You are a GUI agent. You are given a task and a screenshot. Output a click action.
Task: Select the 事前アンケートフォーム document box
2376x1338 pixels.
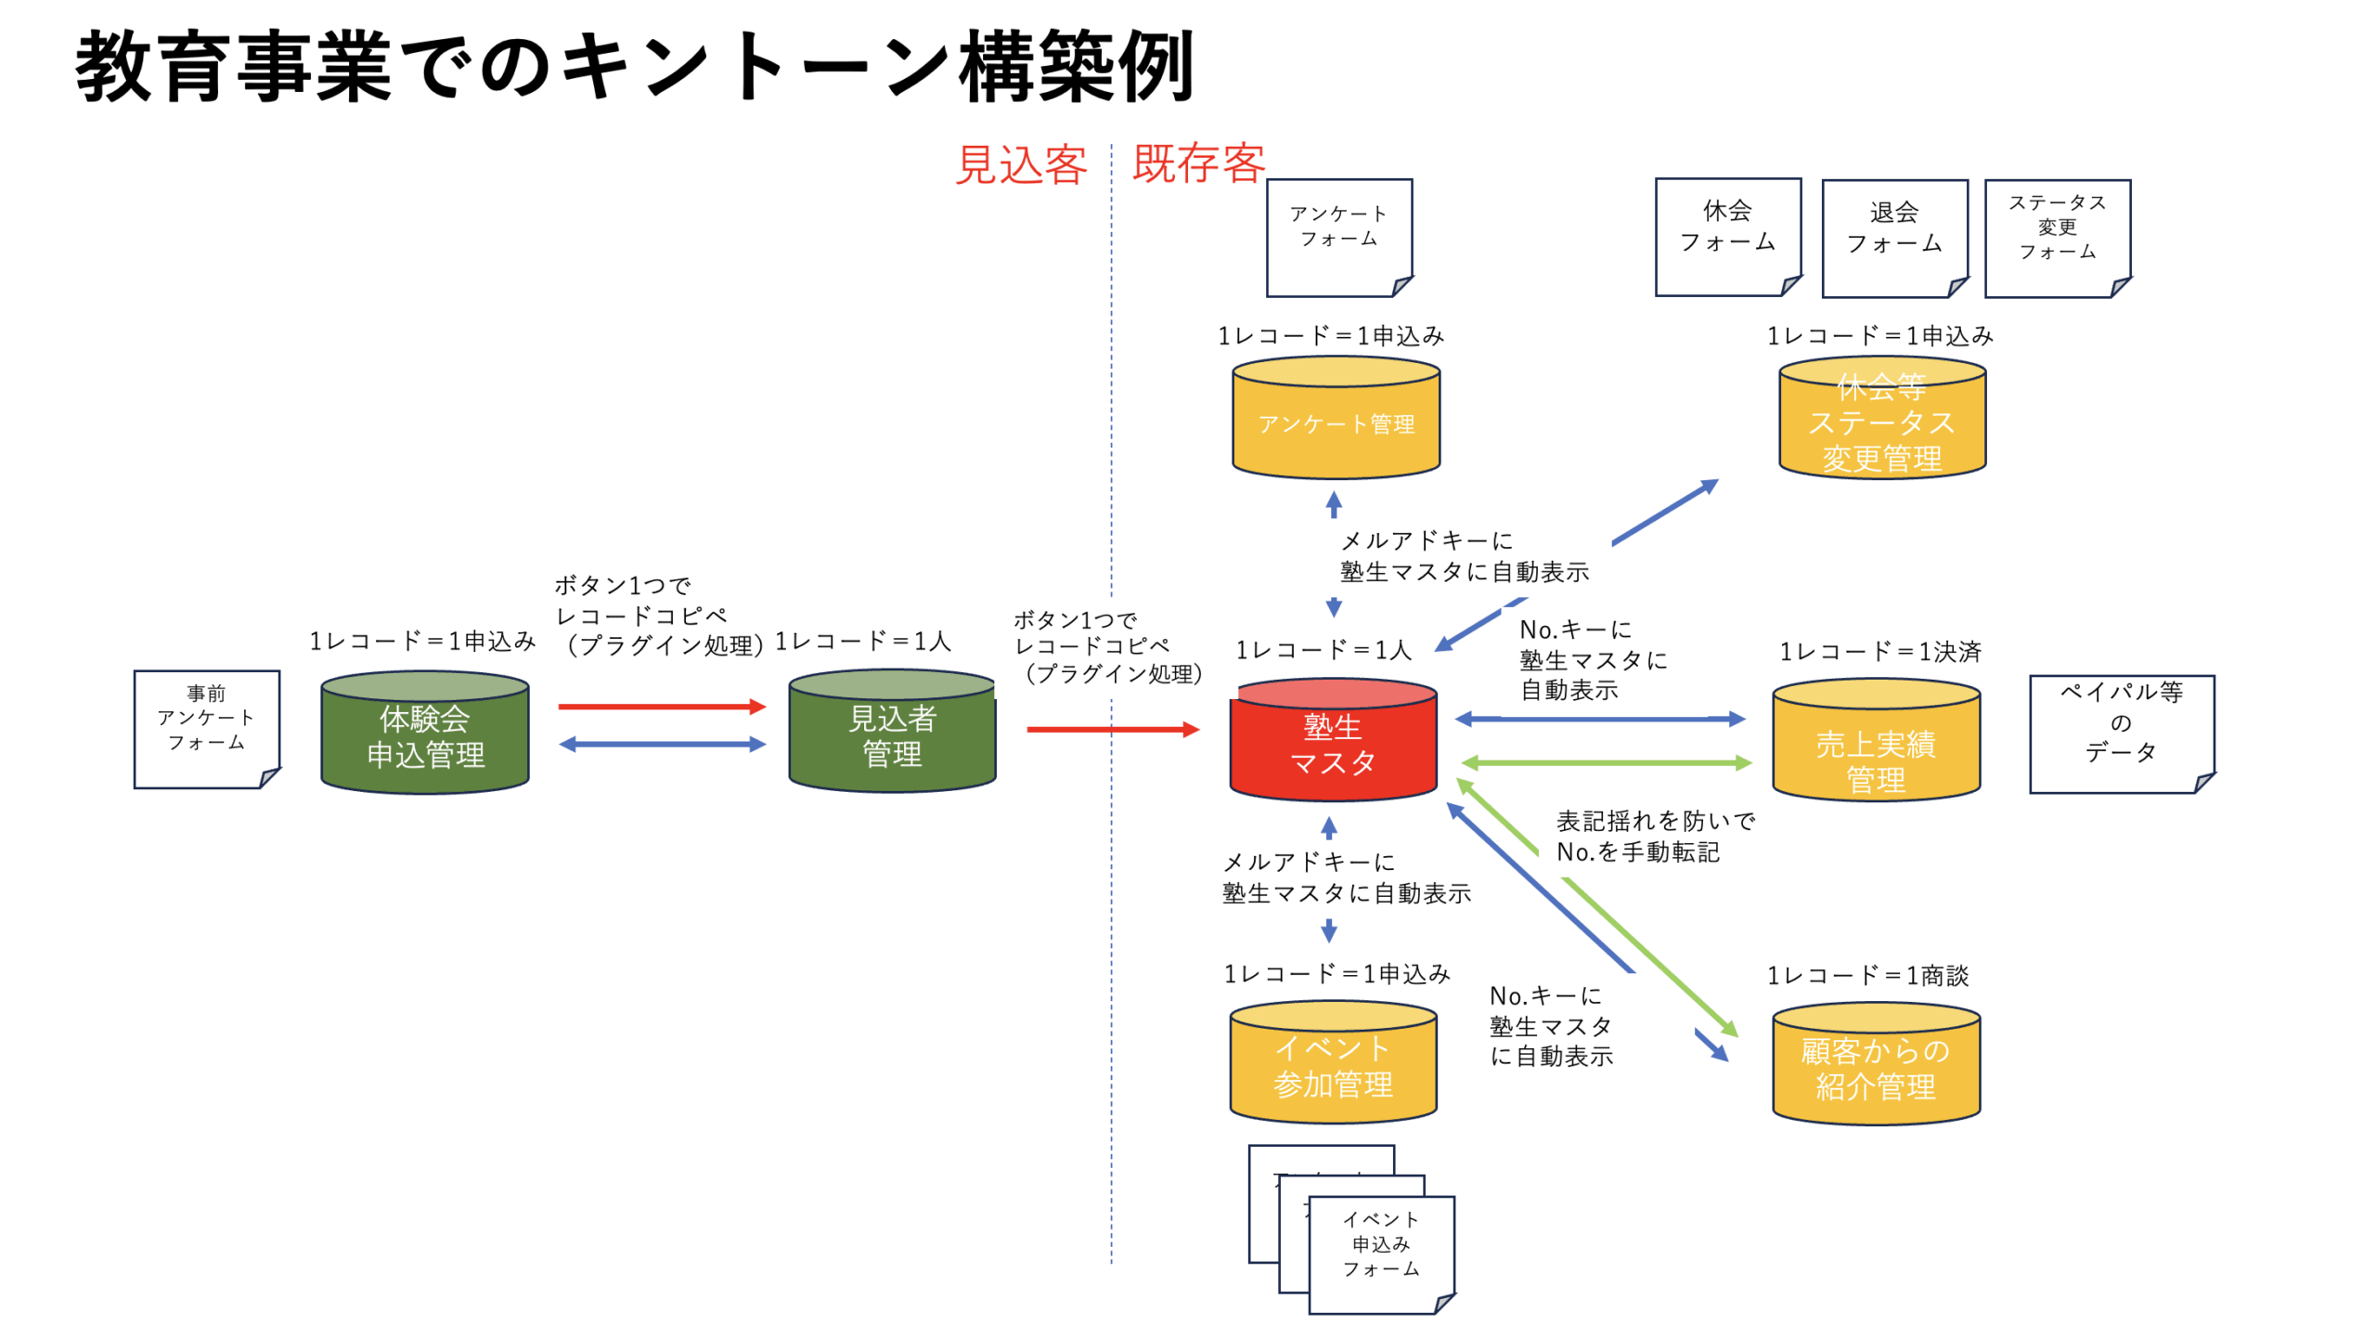(206, 730)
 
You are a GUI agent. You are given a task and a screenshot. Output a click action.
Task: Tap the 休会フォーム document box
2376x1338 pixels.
(1727, 238)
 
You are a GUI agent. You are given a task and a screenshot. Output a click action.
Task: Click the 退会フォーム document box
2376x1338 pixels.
(1893, 239)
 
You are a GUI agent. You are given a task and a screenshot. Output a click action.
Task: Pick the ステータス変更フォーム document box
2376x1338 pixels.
(2057, 239)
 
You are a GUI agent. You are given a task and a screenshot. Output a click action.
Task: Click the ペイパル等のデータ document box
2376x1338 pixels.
(2121, 734)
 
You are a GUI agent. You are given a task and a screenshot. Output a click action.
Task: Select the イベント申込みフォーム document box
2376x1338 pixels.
(1380, 1255)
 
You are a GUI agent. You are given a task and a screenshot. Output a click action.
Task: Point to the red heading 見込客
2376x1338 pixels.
(1021, 165)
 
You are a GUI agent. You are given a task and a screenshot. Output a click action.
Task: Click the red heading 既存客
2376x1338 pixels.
(1198, 163)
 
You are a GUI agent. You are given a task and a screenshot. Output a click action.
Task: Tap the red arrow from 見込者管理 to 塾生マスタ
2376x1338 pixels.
(1112, 730)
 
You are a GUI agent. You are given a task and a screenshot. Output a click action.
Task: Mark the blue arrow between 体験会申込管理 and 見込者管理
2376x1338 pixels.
(662, 745)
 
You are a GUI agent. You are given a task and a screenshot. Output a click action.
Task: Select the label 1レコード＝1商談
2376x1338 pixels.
(1867, 976)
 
